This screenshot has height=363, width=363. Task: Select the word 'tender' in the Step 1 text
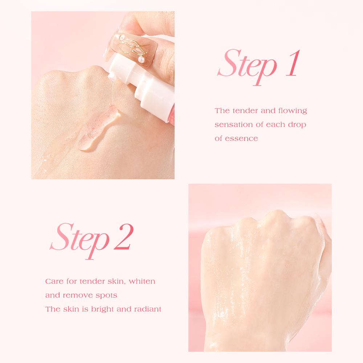point(245,111)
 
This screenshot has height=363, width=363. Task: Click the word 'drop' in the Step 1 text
point(297,125)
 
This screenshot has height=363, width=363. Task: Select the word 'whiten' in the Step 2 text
point(142,281)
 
